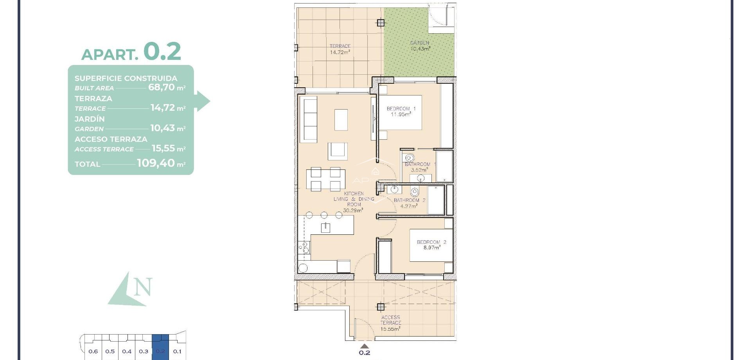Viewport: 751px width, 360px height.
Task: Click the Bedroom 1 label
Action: [x=401, y=109]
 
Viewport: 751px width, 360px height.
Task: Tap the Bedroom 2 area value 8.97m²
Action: [x=432, y=248]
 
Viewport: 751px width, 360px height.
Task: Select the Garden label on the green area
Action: [x=420, y=43]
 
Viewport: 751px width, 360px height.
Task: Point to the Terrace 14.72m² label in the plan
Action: [x=340, y=49]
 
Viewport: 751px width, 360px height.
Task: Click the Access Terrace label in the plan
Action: [x=390, y=320]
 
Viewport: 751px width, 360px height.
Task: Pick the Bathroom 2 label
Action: [x=409, y=200]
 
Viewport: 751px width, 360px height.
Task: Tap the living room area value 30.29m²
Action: [x=353, y=210]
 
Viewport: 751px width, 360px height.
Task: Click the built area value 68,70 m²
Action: [x=162, y=87]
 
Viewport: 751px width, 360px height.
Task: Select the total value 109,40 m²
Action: [x=156, y=163]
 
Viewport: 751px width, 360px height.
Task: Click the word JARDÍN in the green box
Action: [x=90, y=119]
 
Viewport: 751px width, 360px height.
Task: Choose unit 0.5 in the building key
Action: [x=110, y=351]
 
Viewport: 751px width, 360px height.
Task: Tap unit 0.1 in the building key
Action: [x=177, y=351]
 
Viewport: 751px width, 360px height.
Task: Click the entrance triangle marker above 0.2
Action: [x=365, y=346]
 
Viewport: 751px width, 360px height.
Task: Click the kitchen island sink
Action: [x=325, y=228]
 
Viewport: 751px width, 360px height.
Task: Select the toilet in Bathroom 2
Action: [x=415, y=192]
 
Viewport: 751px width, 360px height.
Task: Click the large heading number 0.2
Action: [x=162, y=51]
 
